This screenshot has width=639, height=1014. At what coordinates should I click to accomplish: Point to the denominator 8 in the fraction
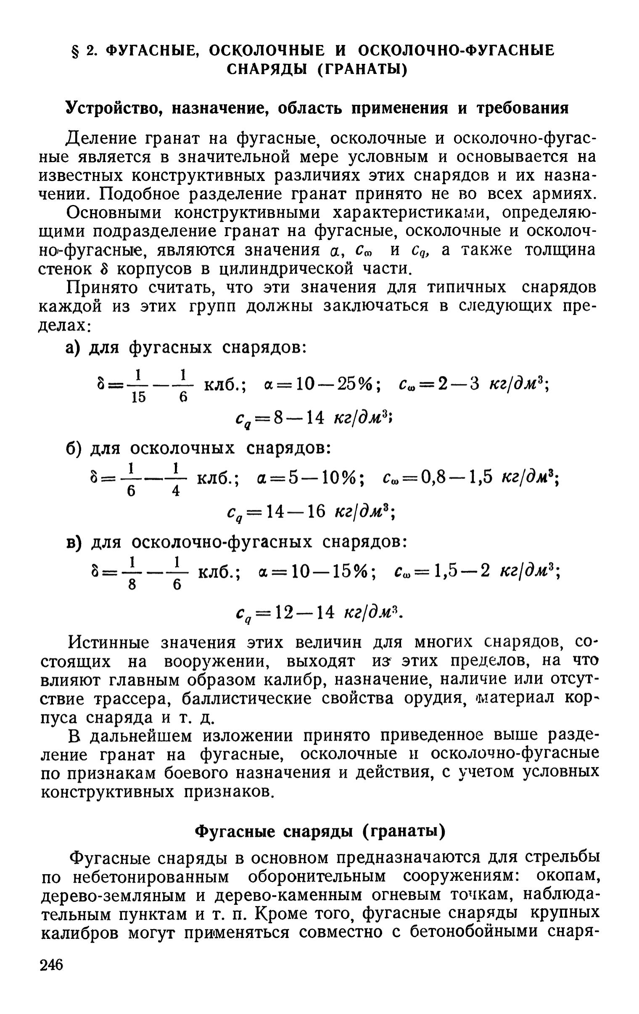coord(132,585)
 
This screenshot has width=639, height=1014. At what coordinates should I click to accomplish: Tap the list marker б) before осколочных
coord(74,448)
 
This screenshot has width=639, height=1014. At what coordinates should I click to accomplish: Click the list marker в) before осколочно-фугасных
coord(74,542)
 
